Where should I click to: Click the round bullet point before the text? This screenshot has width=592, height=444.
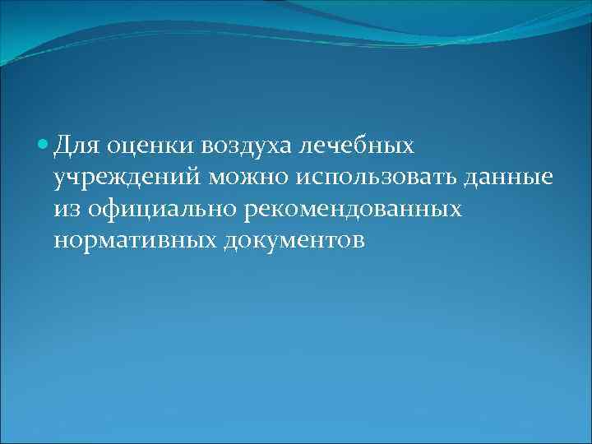click(x=43, y=146)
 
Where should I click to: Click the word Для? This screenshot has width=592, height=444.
click(x=77, y=146)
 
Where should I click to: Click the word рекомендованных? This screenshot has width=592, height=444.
click(x=354, y=209)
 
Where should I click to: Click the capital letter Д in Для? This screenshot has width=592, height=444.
click(x=64, y=146)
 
